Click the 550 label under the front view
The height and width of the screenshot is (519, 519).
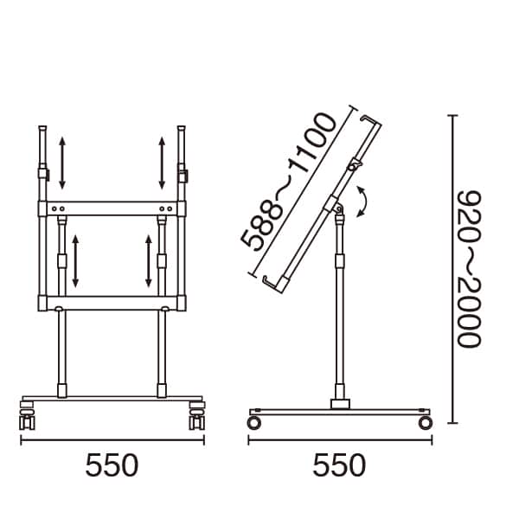pos(112,465)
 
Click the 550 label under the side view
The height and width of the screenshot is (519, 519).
pos(339,465)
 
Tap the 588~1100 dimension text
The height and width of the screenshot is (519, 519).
pos(288,182)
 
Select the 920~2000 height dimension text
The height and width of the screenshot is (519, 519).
pos(469,269)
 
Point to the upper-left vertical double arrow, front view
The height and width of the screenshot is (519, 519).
pos(62,163)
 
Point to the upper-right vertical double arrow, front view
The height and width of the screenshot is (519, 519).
pos(162,163)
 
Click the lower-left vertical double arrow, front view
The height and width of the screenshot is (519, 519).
pos(75,261)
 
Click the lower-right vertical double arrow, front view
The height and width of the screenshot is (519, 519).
pos(149,261)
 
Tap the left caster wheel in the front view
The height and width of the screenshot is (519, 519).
pos(27,416)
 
